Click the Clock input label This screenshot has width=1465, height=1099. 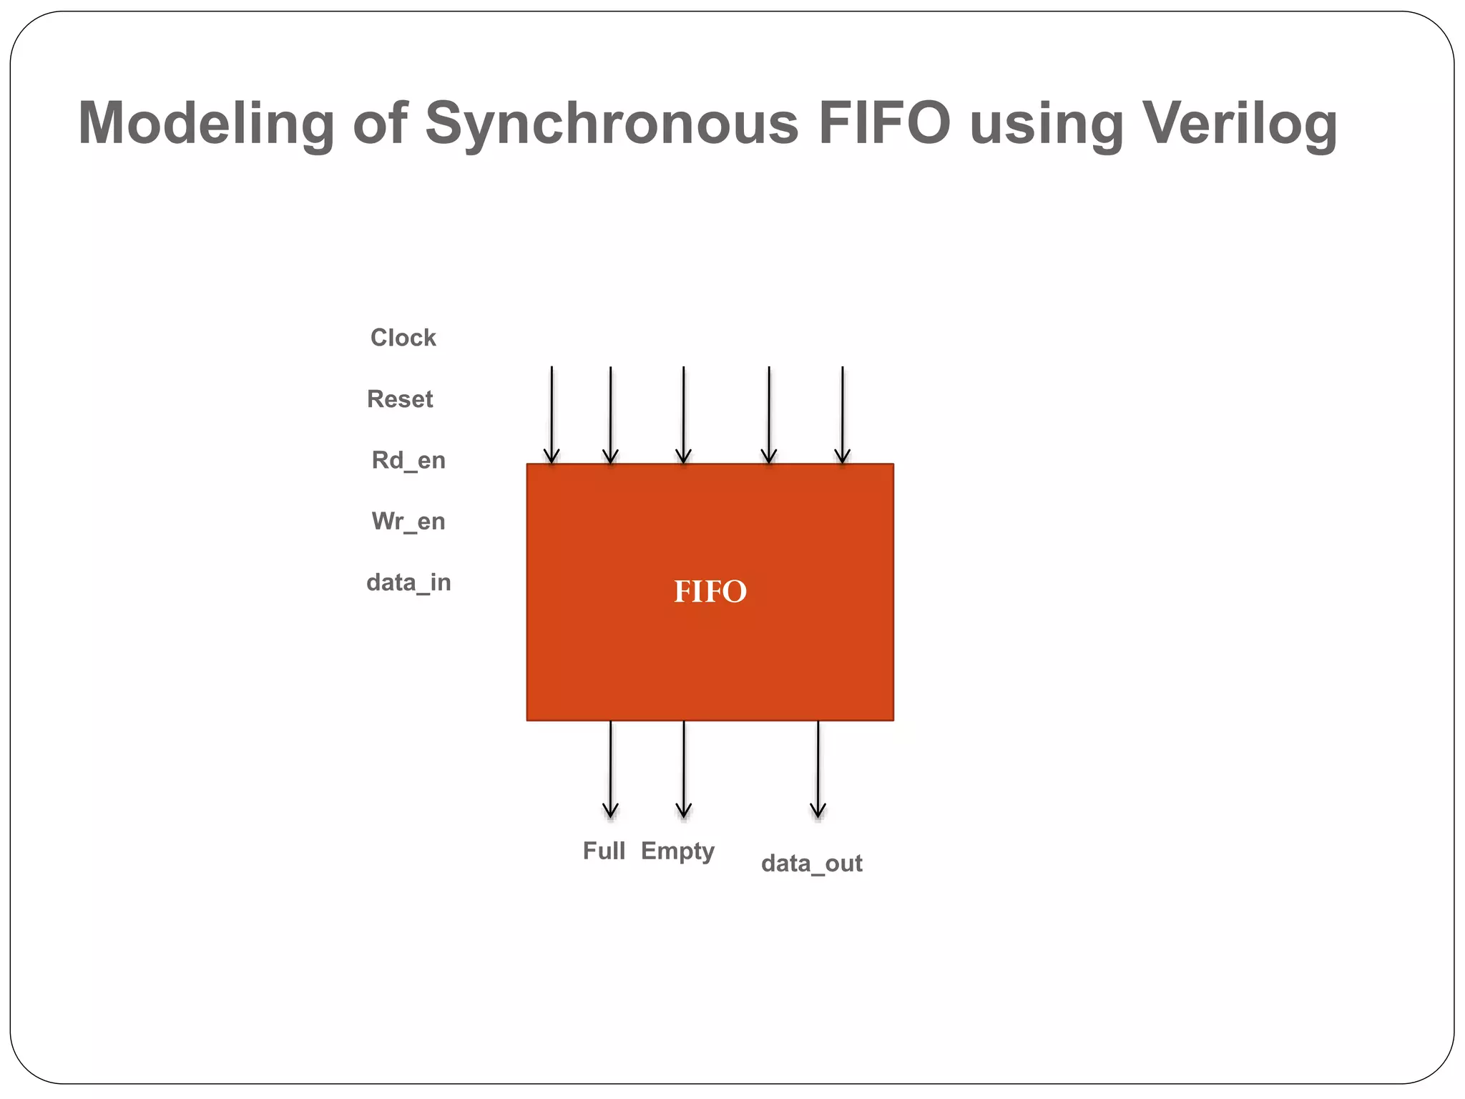(x=403, y=338)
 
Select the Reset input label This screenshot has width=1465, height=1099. (x=400, y=399)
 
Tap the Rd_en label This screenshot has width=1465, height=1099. (x=408, y=460)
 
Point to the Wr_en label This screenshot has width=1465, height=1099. (x=408, y=522)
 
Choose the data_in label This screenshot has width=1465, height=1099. (x=408, y=582)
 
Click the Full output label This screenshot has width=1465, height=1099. (x=604, y=851)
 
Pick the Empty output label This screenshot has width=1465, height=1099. (x=677, y=851)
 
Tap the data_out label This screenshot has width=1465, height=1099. (x=811, y=864)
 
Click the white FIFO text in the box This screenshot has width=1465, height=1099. (x=710, y=592)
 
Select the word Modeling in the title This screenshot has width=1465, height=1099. (x=206, y=124)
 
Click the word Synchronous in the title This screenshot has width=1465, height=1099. (x=612, y=124)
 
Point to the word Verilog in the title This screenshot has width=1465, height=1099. (x=1240, y=124)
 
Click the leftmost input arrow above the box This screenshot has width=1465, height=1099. (x=552, y=415)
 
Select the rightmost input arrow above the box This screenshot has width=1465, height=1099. (x=843, y=415)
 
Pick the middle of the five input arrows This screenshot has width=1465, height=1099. (x=684, y=415)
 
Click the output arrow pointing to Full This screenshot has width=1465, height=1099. (x=610, y=769)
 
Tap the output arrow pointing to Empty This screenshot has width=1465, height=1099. (x=684, y=769)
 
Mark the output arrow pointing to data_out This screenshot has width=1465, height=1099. (x=818, y=769)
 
